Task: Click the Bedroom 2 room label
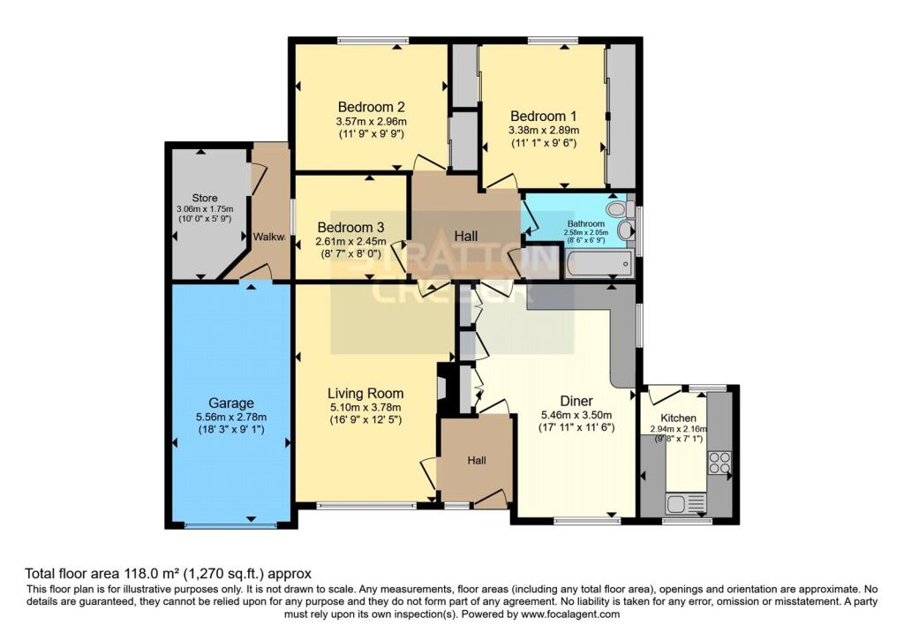(371, 107)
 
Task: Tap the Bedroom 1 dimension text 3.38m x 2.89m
(543, 130)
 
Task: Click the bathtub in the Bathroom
(599, 262)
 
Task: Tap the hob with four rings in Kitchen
(719, 463)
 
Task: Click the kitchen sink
(684, 503)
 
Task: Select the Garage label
(231, 403)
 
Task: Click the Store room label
(204, 198)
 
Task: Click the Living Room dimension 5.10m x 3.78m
(365, 407)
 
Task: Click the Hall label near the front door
(477, 460)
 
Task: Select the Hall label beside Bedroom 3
(465, 236)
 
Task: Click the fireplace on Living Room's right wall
(444, 386)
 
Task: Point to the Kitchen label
(679, 418)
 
